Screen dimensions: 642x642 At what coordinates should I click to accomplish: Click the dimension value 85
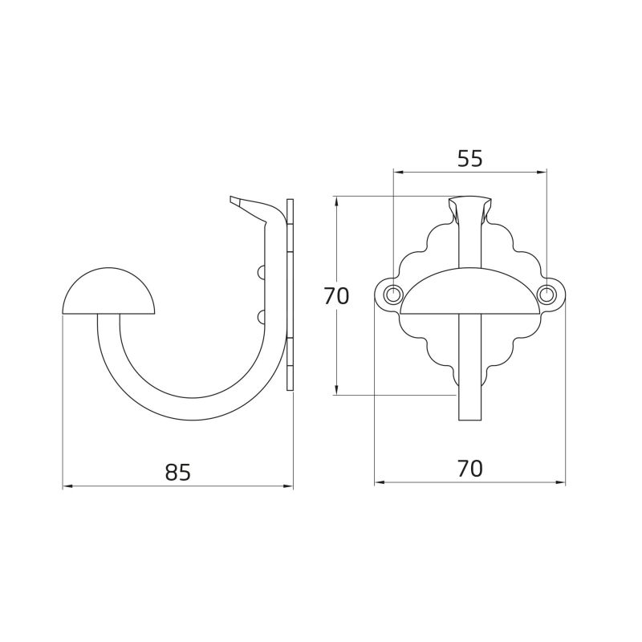coord(178,472)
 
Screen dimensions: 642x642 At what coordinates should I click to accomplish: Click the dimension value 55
coord(470,158)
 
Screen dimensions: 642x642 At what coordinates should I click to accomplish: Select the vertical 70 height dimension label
coord(336,296)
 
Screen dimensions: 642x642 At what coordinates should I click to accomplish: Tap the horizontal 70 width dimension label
coord(470,469)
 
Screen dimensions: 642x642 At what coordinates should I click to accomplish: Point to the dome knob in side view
coord(109,291)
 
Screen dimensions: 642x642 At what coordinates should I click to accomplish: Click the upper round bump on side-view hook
coord(261,272)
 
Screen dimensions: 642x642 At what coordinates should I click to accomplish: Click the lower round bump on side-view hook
coord(261,317)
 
